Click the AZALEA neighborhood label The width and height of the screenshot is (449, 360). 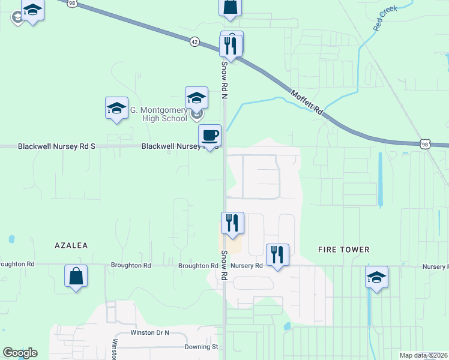tap(71, 245)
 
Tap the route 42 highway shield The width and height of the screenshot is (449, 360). tap(194, 41)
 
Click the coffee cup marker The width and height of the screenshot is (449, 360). tap(209, 136)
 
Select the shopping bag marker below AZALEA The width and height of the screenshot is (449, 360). tap(76, 276)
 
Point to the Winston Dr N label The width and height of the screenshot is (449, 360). tap(150, 332)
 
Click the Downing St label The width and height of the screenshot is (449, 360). tap(201, 347)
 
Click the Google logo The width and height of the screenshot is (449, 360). tap(20, 353)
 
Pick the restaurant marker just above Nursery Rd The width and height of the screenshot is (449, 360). tap(277, 254)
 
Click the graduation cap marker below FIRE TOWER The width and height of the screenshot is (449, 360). tap(376, 277)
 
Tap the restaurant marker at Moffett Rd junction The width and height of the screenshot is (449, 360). tap(231, 46)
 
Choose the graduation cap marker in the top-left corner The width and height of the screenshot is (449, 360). tap(32, 10)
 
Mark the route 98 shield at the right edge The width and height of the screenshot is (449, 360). tap(425, 143)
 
